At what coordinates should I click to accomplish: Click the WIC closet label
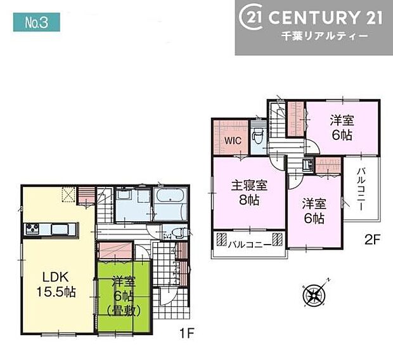230,141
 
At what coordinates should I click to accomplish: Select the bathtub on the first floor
169,204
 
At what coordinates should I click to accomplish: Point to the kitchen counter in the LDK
51,229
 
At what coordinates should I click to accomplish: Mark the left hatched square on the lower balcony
222,240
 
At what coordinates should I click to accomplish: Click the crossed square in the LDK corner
68,195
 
